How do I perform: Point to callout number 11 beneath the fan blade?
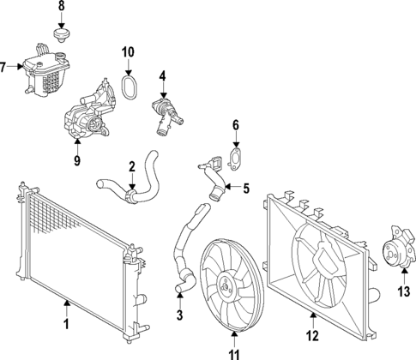(x=233, y=352)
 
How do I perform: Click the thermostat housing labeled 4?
(x=163, y=116)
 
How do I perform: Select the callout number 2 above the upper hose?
(x=132, y=166)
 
